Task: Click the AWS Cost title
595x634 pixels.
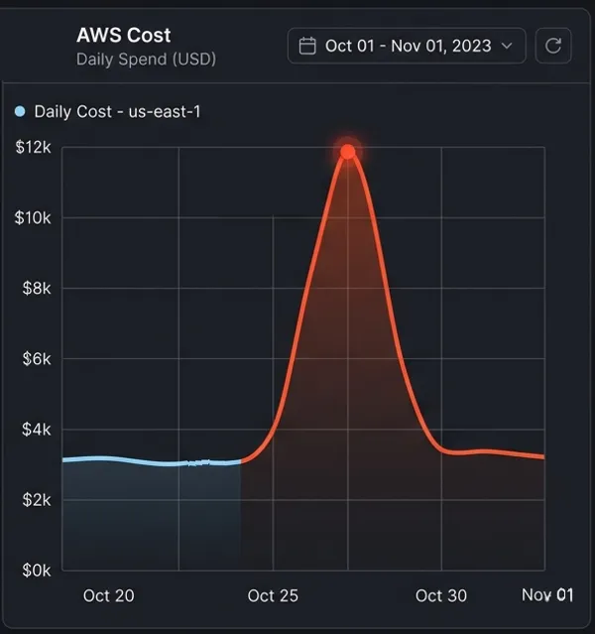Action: pos(123,35)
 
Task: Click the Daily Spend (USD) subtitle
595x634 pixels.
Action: pos(146,59)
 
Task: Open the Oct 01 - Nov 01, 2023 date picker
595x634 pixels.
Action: pos(407,46)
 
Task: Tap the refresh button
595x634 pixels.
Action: pos(552,46)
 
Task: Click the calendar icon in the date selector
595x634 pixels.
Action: pos(307,46)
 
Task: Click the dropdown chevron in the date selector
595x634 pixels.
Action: pos(507,46)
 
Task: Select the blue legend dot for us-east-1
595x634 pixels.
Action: pos(21,111)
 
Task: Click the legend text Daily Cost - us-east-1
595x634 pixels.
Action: pos(117,111)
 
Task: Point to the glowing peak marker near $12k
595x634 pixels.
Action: pos(348,152)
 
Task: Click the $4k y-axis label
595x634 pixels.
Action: pos(36,430)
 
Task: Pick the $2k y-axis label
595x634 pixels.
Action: pos(36,500)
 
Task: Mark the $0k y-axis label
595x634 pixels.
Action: pos(36,571)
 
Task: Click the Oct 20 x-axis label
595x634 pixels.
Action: pos(108,595)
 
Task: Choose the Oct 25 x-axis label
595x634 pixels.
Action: pos(273,595)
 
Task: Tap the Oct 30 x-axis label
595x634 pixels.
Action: pos(440,595)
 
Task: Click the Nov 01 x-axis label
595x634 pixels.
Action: pos(547,595)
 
